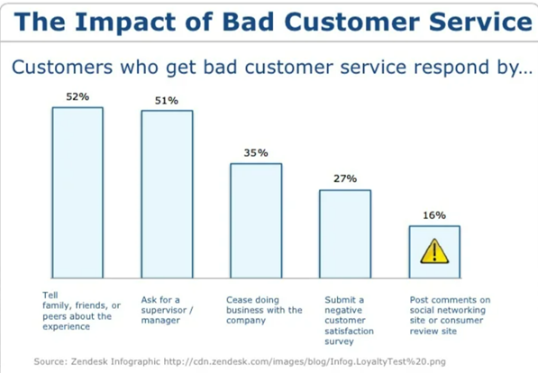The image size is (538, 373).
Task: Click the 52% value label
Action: coord(78,96)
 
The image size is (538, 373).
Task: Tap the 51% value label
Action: coord(167,101)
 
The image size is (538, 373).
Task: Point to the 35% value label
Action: coord(256,152)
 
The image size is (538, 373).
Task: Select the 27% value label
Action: coord(345,178)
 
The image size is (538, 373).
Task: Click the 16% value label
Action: coord(434,215)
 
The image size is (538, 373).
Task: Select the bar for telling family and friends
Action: coord(78,193)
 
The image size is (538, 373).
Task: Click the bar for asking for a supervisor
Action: coord(167,195)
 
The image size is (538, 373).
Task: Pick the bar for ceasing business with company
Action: coord(256,221)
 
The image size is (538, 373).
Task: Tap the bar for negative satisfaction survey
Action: coord(345,233)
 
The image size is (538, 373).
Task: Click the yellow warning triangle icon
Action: coord(434,251)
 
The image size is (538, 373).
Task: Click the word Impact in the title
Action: coord(125,23)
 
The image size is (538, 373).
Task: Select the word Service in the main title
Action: coord(480,22)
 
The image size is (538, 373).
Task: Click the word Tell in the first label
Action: coord(50,296)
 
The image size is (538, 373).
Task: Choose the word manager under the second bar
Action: coord(160,321)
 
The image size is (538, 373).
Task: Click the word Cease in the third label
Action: coord(238,300)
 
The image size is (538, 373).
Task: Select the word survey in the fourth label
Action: coord(339,341)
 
